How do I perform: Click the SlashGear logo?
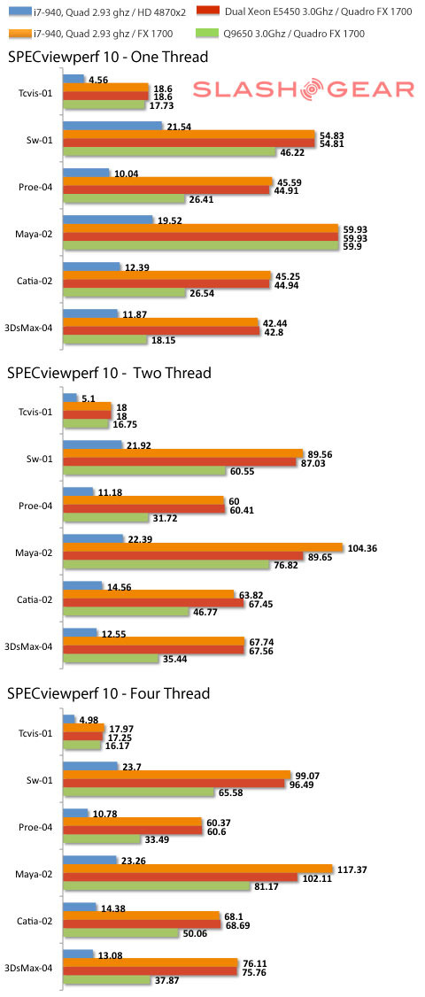click(x=303, y=89)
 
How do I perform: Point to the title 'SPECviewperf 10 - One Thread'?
click(x=108, y=57)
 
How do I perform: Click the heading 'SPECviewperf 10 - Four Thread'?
click(x=109, y=692)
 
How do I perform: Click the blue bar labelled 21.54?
click(x=113, y=125)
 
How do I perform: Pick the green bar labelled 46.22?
click(x=170, y=152)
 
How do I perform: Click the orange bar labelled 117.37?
click(x=197, y=869)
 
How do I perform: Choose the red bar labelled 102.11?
click(x=181, y=877)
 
